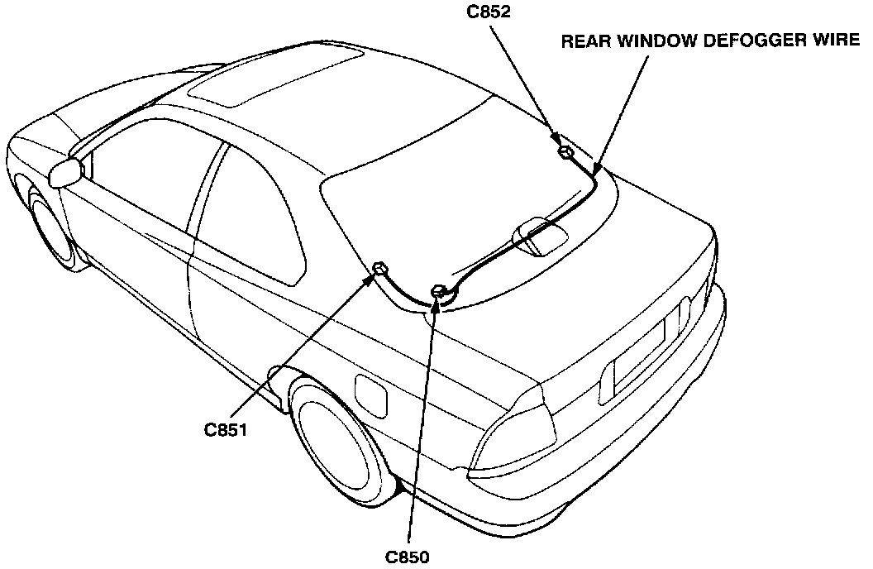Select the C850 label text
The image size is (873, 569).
click(407, 556)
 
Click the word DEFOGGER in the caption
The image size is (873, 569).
click(749, 41)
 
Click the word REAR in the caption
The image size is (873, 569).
click(584, 41)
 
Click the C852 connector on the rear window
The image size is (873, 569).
click(565, 152)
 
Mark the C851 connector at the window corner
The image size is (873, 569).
click(380, 268)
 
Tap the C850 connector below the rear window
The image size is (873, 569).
click(440, 289)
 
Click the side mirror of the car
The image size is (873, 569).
click(66, 174)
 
